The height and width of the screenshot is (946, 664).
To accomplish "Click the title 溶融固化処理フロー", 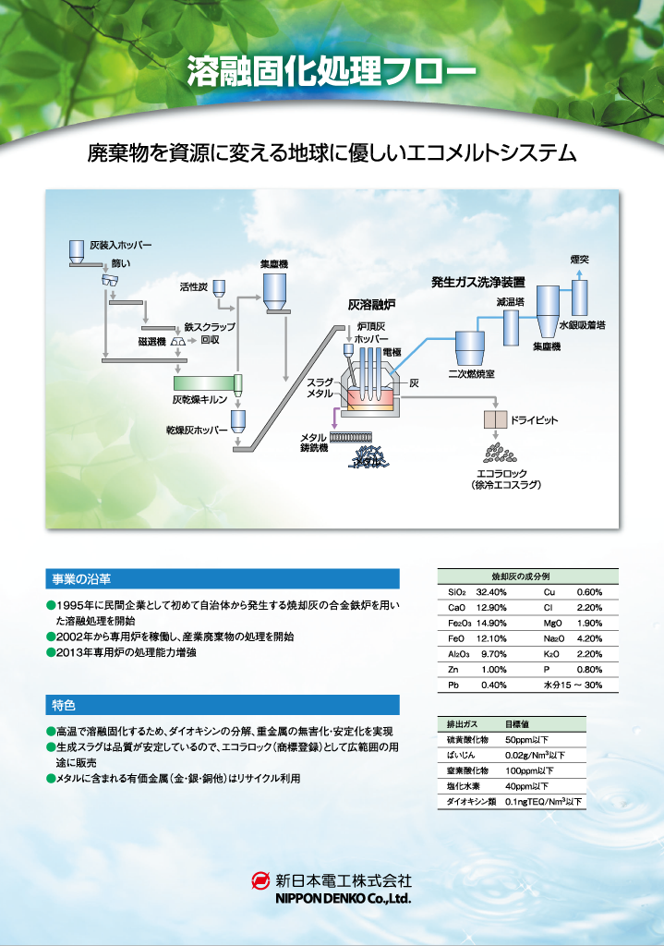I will click(x=332, y=71).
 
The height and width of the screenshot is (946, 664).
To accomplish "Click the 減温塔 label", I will click(x=511, y=301).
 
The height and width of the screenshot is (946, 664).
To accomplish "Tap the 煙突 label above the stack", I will click(x=579, y=260).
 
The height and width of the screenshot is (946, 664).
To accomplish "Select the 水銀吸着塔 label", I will click(x=582, y=325).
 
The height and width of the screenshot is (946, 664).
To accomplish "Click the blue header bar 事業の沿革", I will click(x=223, y=579).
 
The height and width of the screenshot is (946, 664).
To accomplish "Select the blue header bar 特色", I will click(x=223, y=706).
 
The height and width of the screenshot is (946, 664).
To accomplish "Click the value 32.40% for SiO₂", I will click(x=491, y=592).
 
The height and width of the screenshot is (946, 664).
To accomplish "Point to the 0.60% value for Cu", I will click(x=589, y=592).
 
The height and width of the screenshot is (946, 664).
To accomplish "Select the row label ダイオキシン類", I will click(x=471, y=802).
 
